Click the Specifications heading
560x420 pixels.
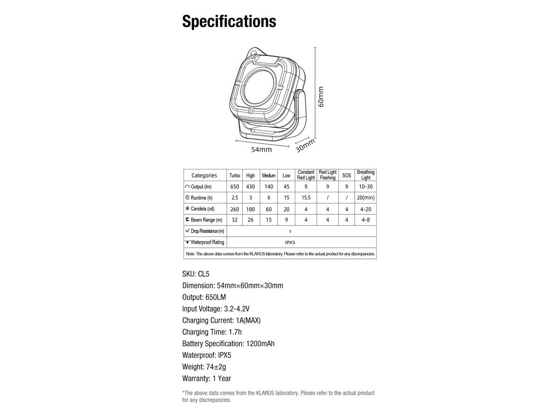pyautogui.click(x=229, y=21)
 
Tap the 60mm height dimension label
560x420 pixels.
pyautogui.click(x=321, y=97)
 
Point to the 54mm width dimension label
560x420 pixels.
pyautogui.click(x=261, y=150)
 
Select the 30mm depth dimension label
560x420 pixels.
pyautogui.click(x=305, y=145)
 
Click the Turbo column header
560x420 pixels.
pyautogui.click(x=235, y=175)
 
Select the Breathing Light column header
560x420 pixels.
pyautogui.click(x=365, y=175)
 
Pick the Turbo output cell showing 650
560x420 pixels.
pyautogui.click(x=235, y=187)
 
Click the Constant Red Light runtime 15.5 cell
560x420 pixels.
pyautogui.click(x=306, y=198)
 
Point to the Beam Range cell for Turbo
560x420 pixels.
pyautogui.click(x=235, y=220)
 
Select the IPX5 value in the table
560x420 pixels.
pyautogui.click(x=290, y=242)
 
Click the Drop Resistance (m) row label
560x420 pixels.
pyautogui.click(x=205, y=231)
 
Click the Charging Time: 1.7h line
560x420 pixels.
pyautogui.click(x=212, y=332)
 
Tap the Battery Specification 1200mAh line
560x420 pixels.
pyautogui.click(x=228, y=343)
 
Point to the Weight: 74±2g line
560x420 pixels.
pyautogui.click(x=205, y=367)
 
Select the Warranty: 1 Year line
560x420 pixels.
pyautogui.click(x=207, y=378)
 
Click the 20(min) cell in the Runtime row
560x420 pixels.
pyautogui.click(x=365, y=198)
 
